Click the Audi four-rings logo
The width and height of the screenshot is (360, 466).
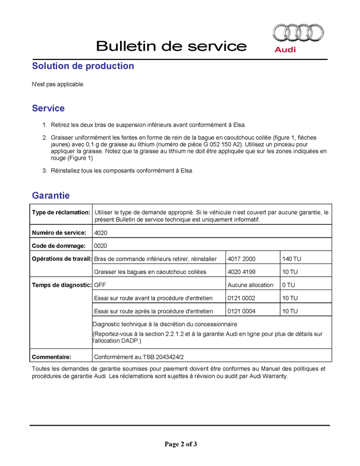pyautogui.click(x=298, y=33)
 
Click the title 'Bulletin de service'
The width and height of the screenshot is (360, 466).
pyautogui.click(x=171, y=46)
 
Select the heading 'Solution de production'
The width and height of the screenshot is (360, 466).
pyautogui.click(x=83, y=66)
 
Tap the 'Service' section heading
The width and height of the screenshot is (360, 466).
pyautogui.click(x=48, y=108)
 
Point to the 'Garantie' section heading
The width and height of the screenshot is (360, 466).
pyautogui.click(x=51, y=196)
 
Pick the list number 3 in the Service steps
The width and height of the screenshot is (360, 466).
pyautogui.click(x=44, y=171)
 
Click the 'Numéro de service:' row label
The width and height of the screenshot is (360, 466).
pyautogui.click(x=59, y=232)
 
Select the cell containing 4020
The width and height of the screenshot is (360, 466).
pyautogui.click(x=100, y=232)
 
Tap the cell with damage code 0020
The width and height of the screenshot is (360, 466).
pyautogui.click(x=100, y=245)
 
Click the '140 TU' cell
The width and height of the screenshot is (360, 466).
pyautogui.click(x=291, y=258)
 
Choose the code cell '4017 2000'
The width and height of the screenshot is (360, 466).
pyautogui.click(x=242, y=258)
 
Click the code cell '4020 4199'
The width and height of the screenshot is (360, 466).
pyautogui.click(x=242, y=271)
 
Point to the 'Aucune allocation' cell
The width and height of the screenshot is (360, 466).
pyautogui.click(x=250, y=285)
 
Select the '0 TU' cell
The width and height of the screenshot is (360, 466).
pyautogui.click(x=288, y=285)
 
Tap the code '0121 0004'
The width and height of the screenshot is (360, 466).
pyautogui.click(x=242, y=311)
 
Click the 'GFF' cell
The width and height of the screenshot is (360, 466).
pyautogui.click(x=100, y=285)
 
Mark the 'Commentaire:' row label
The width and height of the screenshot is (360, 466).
pyautogui.click(x=51, y=356)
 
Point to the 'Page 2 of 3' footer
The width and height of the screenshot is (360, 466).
pyautogui.click(x=181, y=444)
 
